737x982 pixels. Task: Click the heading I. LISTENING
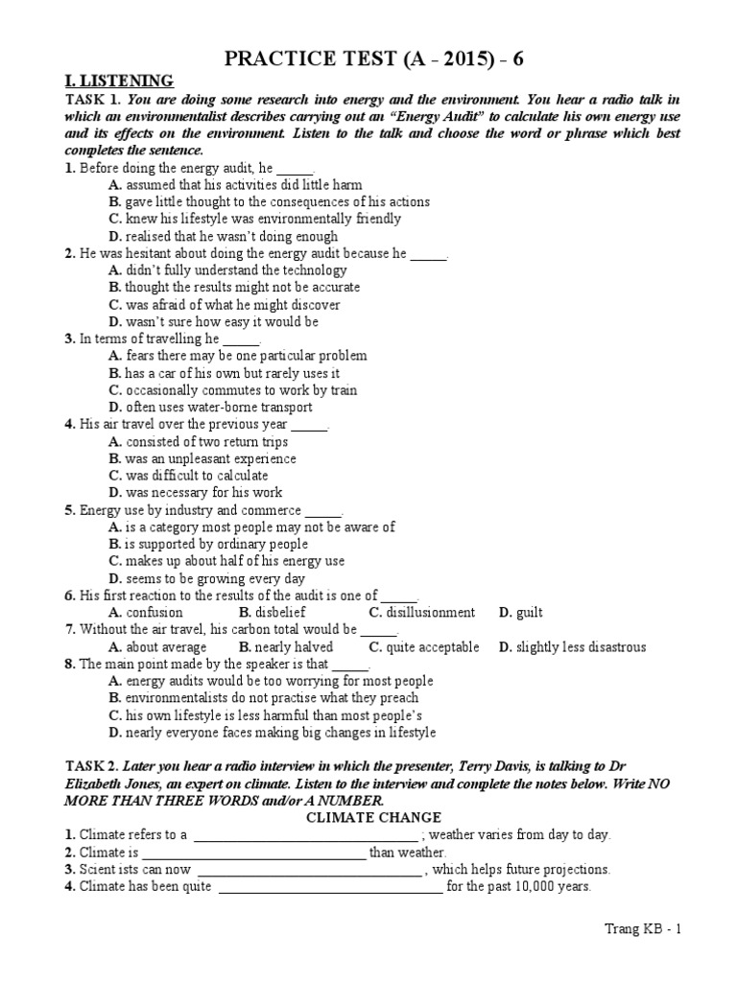(x=119, y=82)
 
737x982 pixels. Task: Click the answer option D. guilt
(x=520, y=613)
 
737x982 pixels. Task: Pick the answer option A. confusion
(x=146, y=613)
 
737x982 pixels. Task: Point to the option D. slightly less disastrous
(x=572, y=647)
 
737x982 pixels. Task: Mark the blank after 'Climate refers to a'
(x=305, y=835)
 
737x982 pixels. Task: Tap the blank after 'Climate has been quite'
(x=331, y=887)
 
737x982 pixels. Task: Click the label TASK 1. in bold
(x=91, y=100)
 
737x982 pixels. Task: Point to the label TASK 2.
(x=91, y=766)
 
